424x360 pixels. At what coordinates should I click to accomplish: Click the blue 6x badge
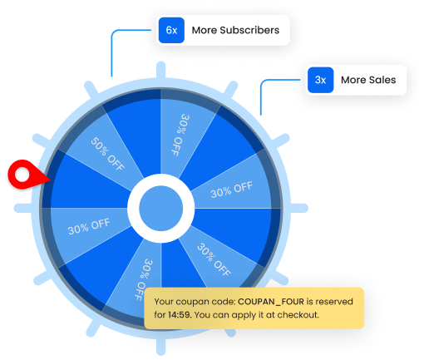click(x=171, y=30)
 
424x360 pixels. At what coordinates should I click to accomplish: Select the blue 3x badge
click(x=320, y=80)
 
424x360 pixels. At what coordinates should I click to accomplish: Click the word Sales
click(x=382, y=80)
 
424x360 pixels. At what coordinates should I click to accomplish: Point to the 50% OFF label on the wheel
click(x=107, y=154)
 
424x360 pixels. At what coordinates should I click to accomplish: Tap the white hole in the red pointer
click(x=22, y=175)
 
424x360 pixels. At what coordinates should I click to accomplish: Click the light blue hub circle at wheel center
click(x=160, y=208)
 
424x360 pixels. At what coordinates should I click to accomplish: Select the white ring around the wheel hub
click(x=160, y=180)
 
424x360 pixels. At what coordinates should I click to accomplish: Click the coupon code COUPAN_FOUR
click(x=271, y=302)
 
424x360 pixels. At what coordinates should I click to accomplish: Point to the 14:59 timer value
click(x=180, y=315)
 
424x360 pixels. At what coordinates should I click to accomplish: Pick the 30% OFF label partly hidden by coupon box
click(x=143, y=279)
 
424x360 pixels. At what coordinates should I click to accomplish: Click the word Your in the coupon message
click(x=164, y=302)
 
